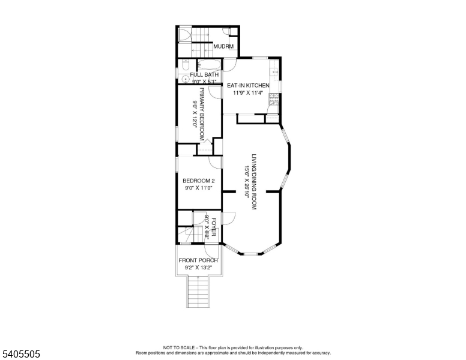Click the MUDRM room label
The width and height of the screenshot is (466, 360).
(223, 46)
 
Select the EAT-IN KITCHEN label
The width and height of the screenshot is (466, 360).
(248, 86)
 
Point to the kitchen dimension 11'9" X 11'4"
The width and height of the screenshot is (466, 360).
(248, 94)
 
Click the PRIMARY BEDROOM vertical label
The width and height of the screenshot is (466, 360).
(202, 114)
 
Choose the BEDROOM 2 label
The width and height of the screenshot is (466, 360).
(198, 181)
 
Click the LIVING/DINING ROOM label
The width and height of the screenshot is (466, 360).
(254, 181)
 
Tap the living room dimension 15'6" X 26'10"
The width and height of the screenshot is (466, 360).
(246, 181)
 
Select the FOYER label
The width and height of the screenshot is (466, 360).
(213, 226)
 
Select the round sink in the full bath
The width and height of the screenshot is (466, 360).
(186, 79)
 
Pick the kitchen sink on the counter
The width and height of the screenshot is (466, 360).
(276, 73)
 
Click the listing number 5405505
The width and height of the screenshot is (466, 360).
(20, 354)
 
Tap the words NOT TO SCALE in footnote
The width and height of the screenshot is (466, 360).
(178, 348)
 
